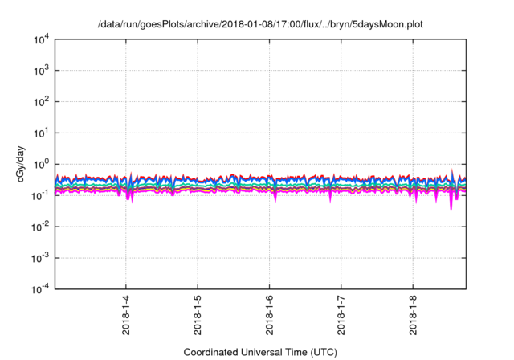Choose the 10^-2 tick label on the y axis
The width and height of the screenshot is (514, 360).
point(40,227)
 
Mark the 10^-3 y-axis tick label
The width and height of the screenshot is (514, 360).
point(40,259)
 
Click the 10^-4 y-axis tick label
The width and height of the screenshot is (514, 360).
point(40,289)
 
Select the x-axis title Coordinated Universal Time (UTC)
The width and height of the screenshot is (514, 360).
point(259,352)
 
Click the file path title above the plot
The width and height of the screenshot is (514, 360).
point(259,25)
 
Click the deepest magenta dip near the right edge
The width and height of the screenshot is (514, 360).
point(451,207)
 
